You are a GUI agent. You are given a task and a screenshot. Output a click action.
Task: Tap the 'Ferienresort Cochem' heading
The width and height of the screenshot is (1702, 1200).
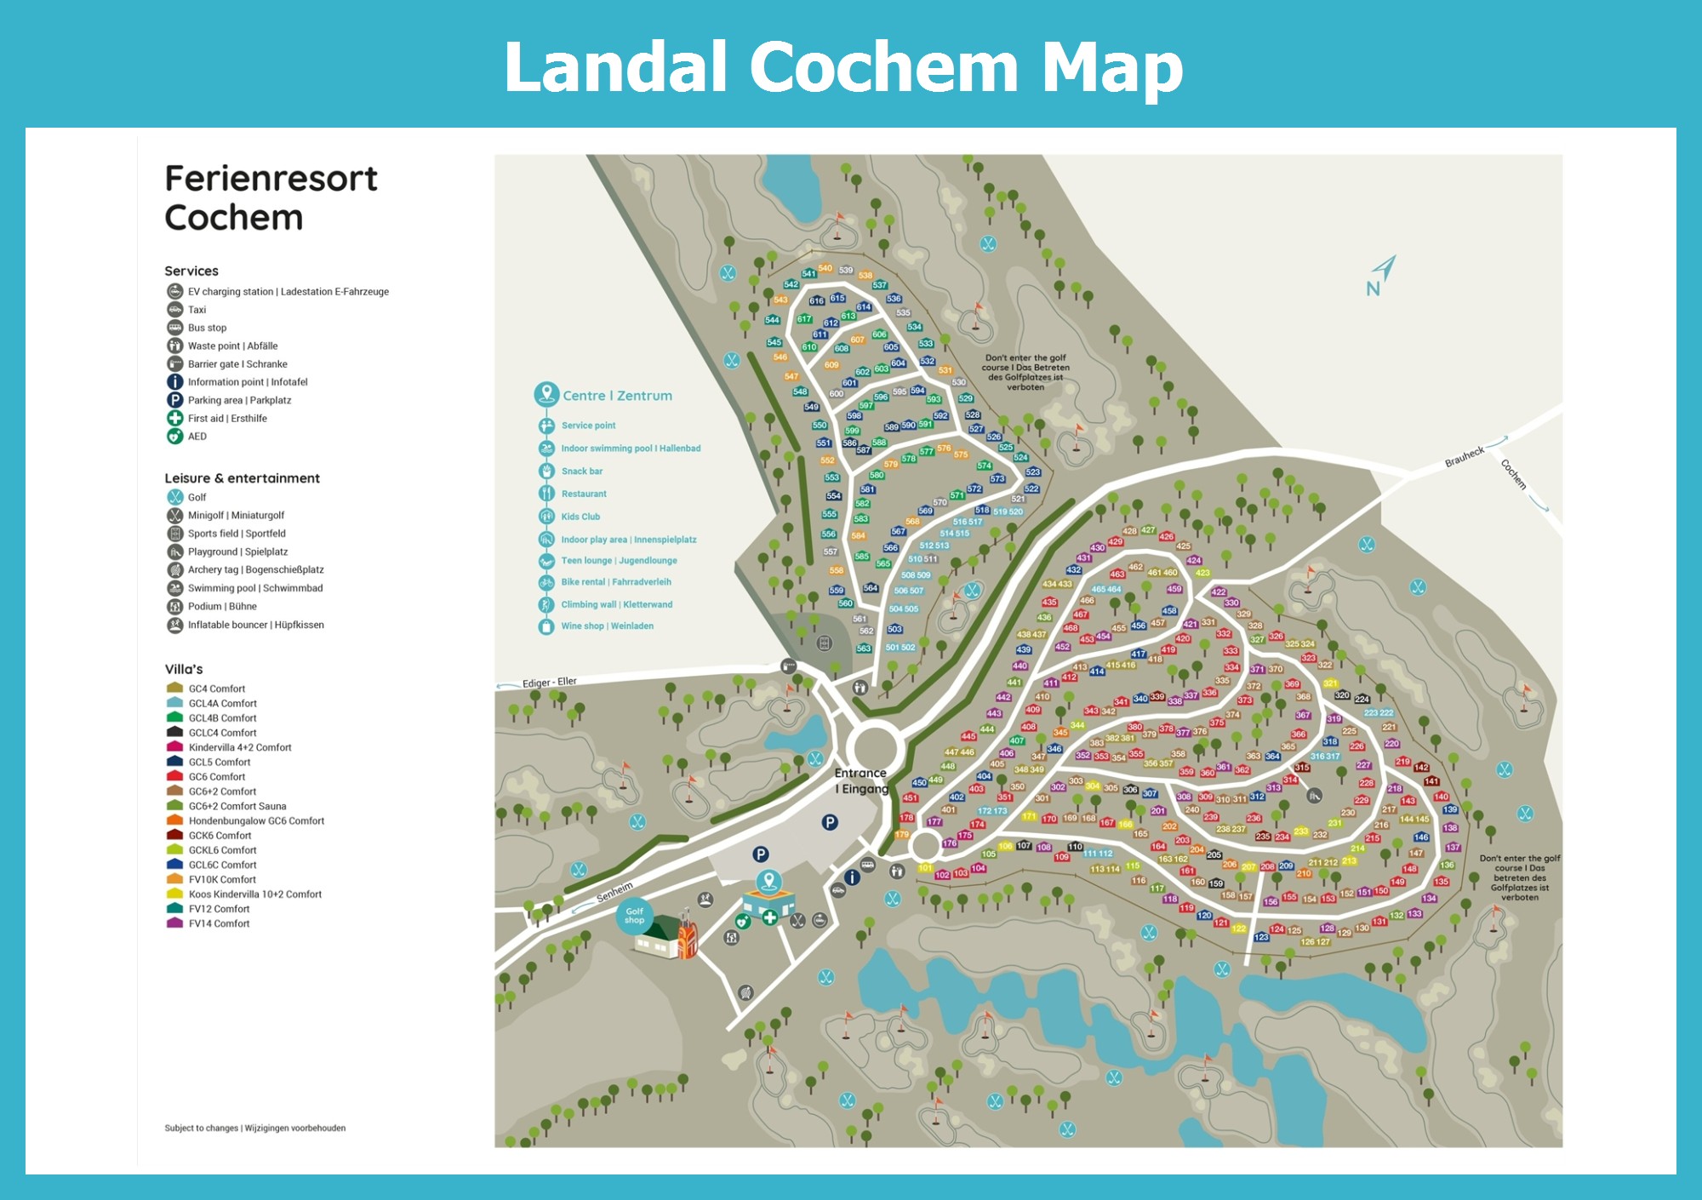[271, 197]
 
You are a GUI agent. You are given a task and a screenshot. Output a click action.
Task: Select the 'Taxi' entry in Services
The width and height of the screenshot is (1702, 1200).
[197, 310]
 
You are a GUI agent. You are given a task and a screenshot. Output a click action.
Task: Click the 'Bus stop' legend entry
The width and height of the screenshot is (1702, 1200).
[207, 328]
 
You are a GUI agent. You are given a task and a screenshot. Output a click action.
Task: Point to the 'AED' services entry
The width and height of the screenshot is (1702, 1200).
[197, 437]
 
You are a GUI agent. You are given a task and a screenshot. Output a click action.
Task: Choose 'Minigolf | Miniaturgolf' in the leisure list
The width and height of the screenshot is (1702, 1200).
[236, 516]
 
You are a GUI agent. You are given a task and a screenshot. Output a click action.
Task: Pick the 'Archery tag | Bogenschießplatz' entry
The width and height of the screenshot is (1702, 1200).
[255, 570]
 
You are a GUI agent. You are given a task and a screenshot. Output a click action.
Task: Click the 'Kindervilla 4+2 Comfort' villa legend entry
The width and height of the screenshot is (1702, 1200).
[239, 747]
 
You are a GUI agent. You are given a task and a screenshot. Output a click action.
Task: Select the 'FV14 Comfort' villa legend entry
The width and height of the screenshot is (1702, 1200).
[219, 923]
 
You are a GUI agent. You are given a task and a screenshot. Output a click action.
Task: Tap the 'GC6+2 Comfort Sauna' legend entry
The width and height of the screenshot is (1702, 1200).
[237, 806]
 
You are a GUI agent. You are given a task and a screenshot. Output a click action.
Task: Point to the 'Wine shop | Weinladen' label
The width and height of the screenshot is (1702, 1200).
[607, 626]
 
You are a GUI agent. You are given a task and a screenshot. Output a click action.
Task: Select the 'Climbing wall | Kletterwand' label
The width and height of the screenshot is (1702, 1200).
[616, 605]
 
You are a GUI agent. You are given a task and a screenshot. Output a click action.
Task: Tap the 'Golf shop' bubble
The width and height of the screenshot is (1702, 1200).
[634, 916]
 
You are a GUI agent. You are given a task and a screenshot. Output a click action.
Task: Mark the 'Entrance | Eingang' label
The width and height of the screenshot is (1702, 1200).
[861, 781]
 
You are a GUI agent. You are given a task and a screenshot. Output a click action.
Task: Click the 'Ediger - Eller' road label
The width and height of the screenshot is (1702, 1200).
[549, 683]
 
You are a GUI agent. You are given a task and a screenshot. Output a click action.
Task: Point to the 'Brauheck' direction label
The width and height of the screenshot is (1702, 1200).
[1464, 457]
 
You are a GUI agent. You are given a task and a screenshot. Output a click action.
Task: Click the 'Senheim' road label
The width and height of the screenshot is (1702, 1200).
[614, 892]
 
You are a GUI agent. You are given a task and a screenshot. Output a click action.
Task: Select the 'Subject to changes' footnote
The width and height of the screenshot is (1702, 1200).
[254, 1129]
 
